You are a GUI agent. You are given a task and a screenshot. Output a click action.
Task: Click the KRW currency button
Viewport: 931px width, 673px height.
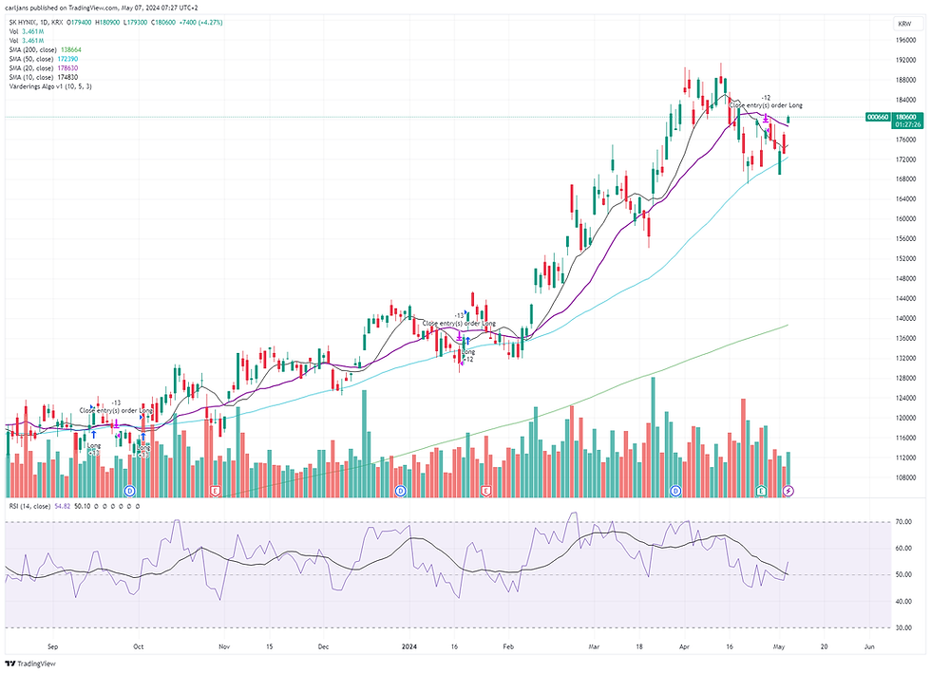(x=903, y=23)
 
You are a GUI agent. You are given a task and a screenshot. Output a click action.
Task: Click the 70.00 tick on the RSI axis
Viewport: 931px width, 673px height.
(x=903, y=522)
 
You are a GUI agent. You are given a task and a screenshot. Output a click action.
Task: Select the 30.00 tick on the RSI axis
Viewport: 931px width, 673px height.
(x=903, y=627)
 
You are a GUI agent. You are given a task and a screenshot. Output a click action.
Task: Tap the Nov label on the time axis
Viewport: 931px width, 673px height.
(x=224, y=647)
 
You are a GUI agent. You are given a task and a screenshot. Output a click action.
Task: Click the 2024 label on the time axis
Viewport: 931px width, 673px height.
(x=409, y=647)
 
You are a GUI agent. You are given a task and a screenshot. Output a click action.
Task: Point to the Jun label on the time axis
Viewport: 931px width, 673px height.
(x=869, y=647)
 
